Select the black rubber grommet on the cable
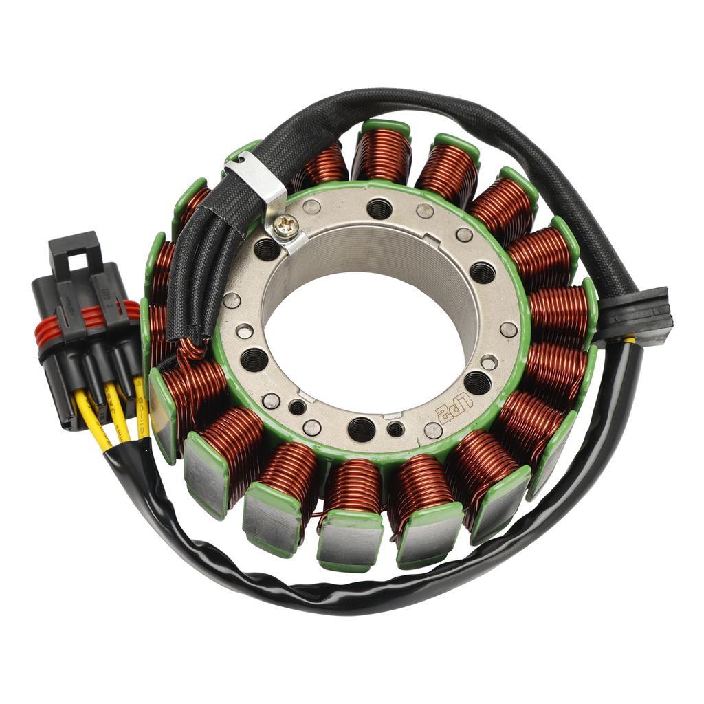point(635,316)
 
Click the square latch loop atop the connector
point(75,252)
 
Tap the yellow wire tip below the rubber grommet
point(630,339)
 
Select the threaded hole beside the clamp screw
point(267,248)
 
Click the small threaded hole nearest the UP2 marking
point(395,430)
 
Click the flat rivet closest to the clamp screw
point(311,207)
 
